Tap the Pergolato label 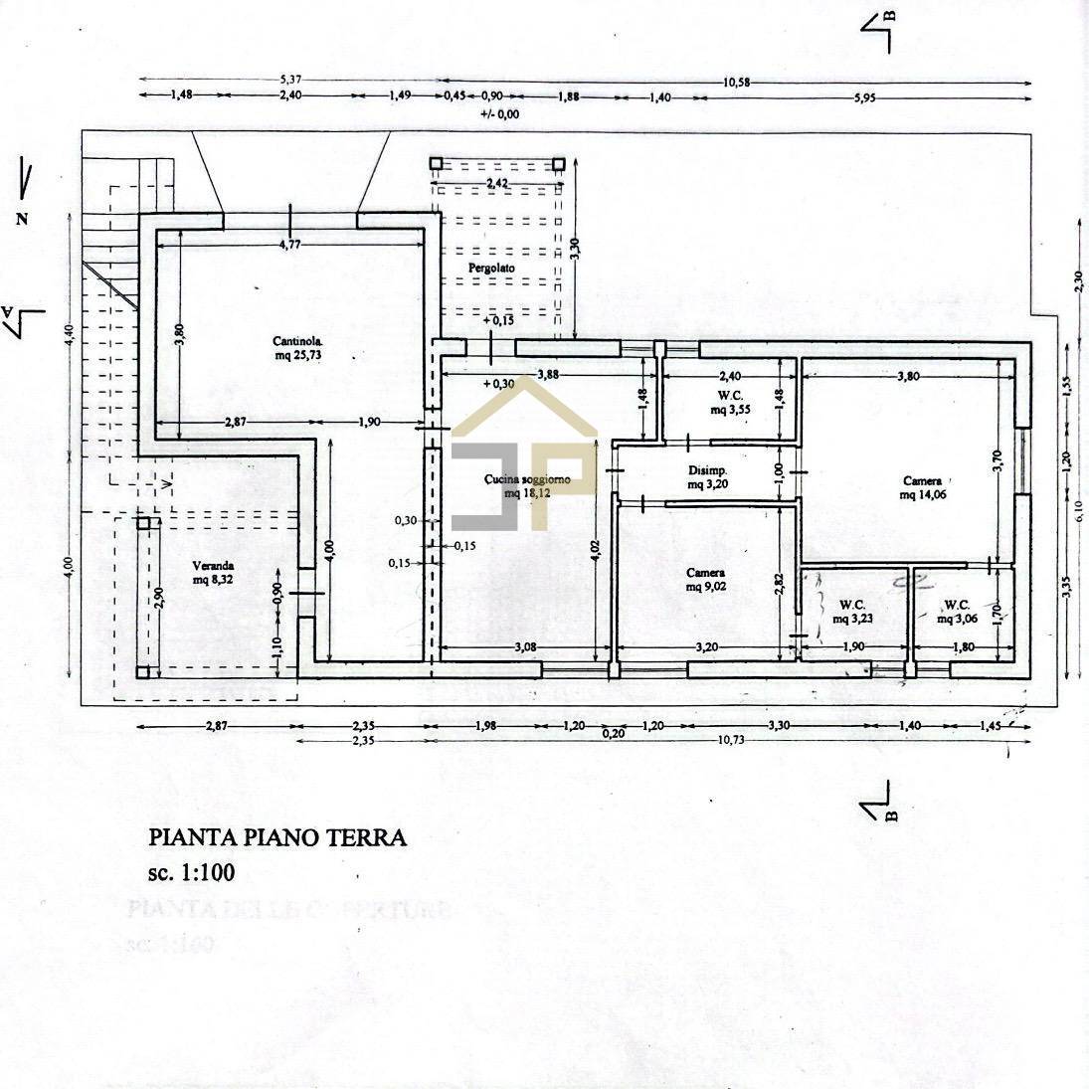pos(491,269)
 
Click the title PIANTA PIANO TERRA pos(277,837)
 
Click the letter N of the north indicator pos(22,220)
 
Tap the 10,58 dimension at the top pos(737,82)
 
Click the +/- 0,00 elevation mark pos(499,114)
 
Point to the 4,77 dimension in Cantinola pos(289,244)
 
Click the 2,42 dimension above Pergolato pos(497,184)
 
